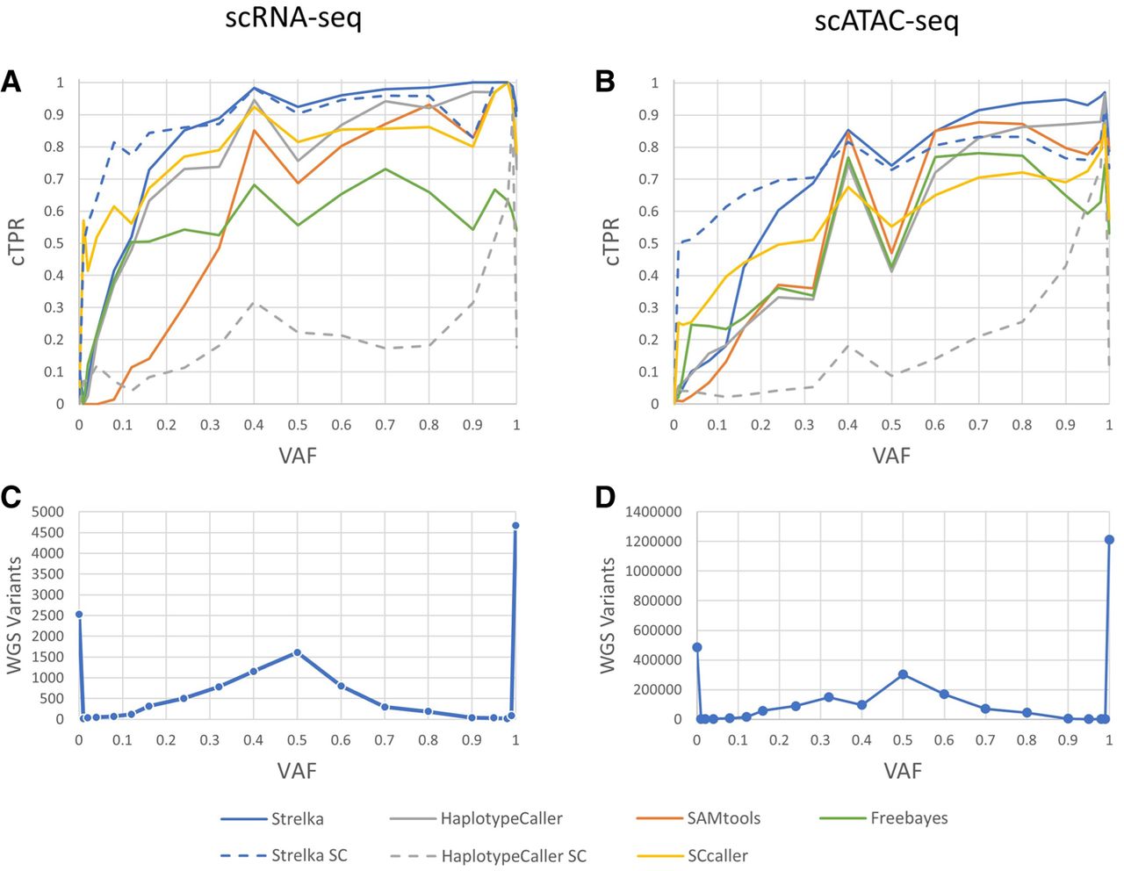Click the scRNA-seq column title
pos(292,19)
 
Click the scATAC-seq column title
pos(886,19)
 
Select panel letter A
pos(11,83)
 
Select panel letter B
pos(605,83)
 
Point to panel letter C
pos(11,497)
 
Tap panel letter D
pos(605,497)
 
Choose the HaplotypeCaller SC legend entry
pos(514,854)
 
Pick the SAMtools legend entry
pos(724,818)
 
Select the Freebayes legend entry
pos(909,818)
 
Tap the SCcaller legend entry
pos(717,854)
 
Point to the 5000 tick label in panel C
pos(47,512)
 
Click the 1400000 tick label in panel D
pos(653,512)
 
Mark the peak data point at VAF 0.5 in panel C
pos(297,652)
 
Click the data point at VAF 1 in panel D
pos(1109,539)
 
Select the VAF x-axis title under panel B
pos(891,455)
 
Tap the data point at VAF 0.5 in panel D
pos(903,674)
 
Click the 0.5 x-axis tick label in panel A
pos(297,425)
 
